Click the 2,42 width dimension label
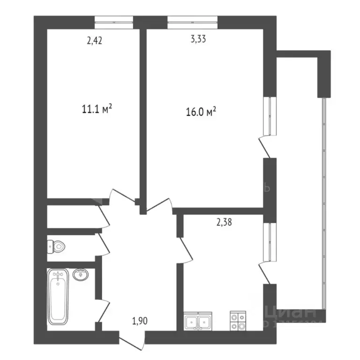pyautogui.click(x=94, y=40)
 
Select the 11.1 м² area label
pyautogui.click(x=97, y=110)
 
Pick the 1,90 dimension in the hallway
pyautogui.click(x=139, y=322)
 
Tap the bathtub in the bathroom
pyautogui.click(x=58, y=297)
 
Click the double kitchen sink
pyautogui.click(x=198, y=322)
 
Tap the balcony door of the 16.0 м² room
pyautogui.click(x=265, y=146)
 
